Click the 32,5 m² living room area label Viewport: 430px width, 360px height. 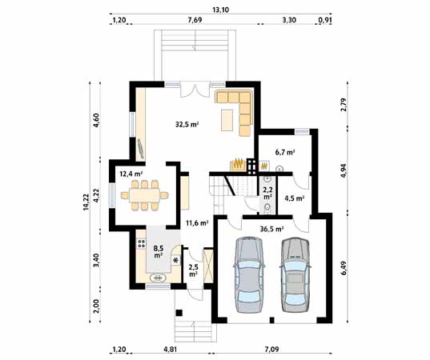187,125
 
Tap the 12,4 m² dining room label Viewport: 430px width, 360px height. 131,173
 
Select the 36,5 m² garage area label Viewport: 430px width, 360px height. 271,229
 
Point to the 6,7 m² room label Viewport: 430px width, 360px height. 285,152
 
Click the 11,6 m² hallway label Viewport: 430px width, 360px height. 197,222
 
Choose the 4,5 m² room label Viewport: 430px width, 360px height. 294,198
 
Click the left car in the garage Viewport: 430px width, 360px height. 249,274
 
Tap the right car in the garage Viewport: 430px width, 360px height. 295,274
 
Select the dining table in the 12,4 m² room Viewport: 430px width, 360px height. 144,195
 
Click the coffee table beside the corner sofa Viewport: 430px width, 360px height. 227,120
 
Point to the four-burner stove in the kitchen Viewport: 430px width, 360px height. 141,243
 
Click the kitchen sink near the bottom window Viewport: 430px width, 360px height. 159,278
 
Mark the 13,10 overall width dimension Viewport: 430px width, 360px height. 220,10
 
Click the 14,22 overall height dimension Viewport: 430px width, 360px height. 86,202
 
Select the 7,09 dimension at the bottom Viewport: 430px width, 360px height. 271,350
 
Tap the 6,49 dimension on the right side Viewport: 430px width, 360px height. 344,268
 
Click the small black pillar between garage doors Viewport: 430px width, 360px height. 271,320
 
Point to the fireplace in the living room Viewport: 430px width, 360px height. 238,165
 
